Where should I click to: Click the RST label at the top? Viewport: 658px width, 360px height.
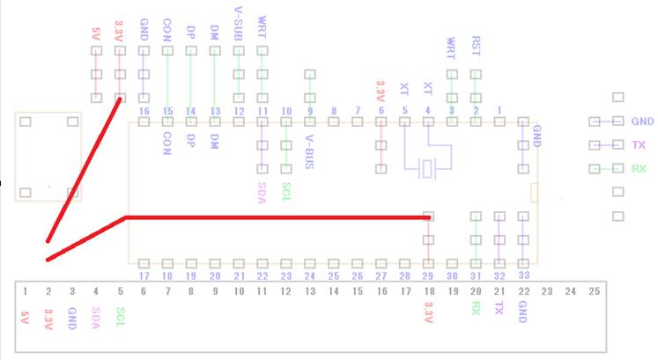(476, 43)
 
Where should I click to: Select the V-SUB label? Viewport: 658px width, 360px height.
(238, 19)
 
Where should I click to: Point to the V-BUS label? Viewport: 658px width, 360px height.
(309, 147)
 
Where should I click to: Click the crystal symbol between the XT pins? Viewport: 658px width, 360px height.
(428, 167)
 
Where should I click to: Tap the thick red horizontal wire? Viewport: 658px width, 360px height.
(273, 217)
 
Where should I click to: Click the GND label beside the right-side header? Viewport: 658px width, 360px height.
(642, 121)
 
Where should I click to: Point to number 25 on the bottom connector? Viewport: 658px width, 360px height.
(594, 291)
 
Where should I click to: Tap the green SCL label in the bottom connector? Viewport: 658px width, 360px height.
(120, 314)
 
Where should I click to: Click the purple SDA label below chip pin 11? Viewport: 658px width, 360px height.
(262, 192)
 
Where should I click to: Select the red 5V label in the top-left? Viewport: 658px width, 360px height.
(96, 34)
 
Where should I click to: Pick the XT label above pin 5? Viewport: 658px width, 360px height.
(404, 88)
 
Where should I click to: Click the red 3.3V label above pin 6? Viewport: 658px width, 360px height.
(381, 90)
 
